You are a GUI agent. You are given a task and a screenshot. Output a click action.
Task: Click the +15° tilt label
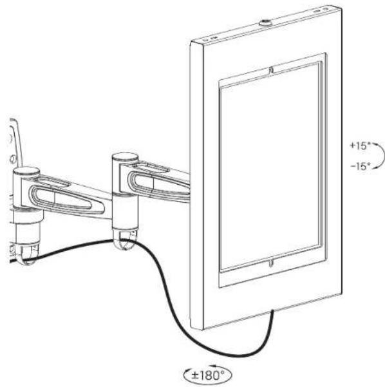[x=361, y=146]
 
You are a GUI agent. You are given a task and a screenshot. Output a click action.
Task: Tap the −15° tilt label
[x=361, y=166]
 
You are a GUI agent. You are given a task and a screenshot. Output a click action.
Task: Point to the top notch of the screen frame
[x=271, y=70]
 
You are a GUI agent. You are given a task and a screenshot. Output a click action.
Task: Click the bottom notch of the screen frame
[x=271, y=263]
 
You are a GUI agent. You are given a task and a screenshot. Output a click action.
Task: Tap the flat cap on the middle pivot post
[x=125, y=158]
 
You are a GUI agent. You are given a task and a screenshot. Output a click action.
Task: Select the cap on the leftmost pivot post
[x=26, y=171]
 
